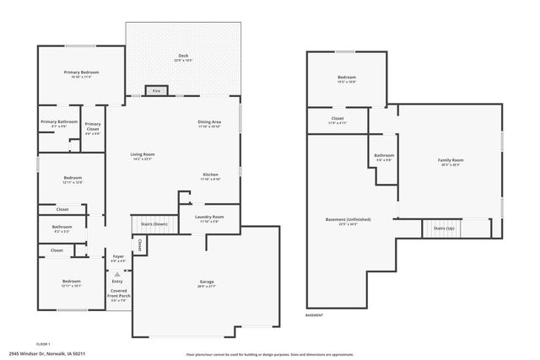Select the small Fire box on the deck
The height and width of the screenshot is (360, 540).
pyautogui.click(x=155, y=89)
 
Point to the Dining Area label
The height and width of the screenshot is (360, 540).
pyautogui.click(x=209, y=122)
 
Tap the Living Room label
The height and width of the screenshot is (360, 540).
pyautogui.click(x=142, y=154)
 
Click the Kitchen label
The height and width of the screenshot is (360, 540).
pyautogui.click(x=209, y=175)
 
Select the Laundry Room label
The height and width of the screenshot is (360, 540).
pyautogui.click(x=208, y=217)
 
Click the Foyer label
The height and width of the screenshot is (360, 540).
pyautogui.click(x=118, y=255)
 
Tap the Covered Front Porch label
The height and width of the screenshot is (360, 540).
pyautogui.click(x=118, y=293)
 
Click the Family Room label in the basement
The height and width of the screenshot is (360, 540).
pyautogui.click(x=450, y=159)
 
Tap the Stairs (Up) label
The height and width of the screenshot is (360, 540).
pyautogui.click(x=444, y=228)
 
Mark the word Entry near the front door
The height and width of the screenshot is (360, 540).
pyautogui.click(x=118, y=281)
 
